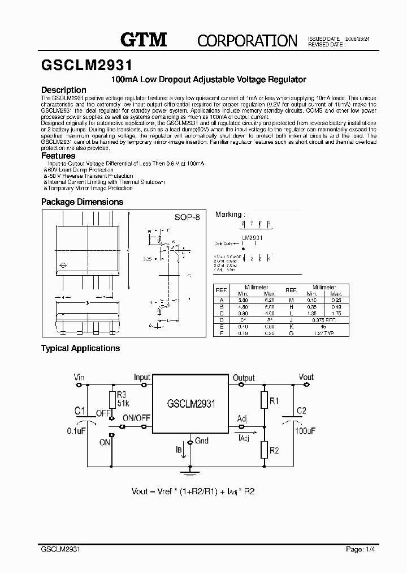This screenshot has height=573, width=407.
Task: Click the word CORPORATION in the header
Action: (247, 40)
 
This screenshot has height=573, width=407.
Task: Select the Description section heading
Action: (64, 89)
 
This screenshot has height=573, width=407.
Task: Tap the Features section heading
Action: (58, 156)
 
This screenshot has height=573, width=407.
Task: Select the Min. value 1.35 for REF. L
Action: (311, 313)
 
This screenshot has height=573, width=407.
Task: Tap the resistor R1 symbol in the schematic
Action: (263, 401)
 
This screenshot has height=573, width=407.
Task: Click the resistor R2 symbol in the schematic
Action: (263, 451)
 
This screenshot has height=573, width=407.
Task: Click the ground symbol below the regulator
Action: (190, 469)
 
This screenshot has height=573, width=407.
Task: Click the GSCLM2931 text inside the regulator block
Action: (190, 404)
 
